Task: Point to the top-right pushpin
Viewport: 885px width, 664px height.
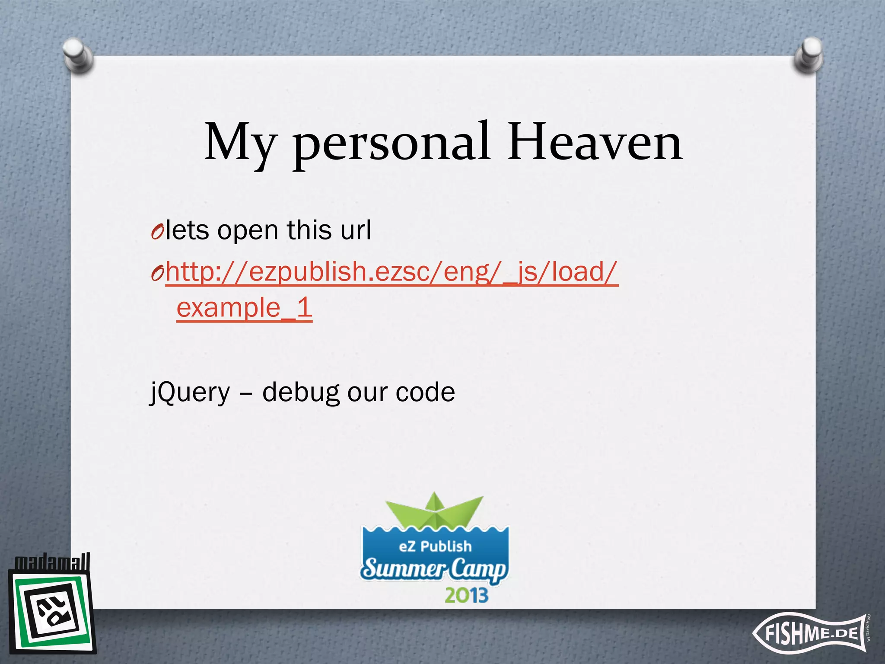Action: pyautogui.click(x=808, y=56)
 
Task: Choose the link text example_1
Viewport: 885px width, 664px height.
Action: pyautogui.click(x=244, y=308)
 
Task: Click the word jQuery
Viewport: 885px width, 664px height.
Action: pyautogui.click(x=190, y=393)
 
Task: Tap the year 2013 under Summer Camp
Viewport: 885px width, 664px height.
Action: pyautogui.click(x=466, y=595)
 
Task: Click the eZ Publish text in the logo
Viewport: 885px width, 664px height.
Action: pyautogui.click(x=435, y=546)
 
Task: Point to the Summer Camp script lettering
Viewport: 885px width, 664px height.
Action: pyautogui.click(x=434, y=568)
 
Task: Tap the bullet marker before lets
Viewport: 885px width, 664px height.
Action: pyautogui.click(x=157, y=232)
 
